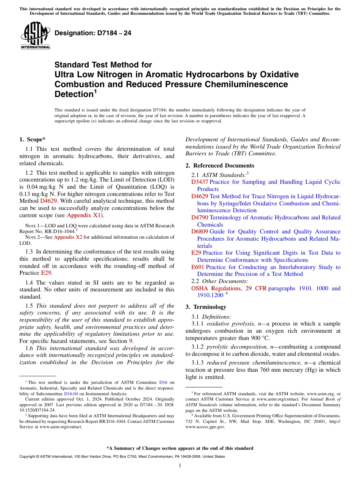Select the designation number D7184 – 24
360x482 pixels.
pos(93,33)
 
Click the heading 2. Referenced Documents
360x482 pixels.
pos(220,166)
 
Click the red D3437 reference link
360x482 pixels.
pos(199,182)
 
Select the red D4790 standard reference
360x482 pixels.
pos(199,218)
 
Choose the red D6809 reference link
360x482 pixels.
pos(199,232)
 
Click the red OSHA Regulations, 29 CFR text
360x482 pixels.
pos(229,288)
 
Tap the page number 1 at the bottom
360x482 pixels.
pos(180,466)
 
